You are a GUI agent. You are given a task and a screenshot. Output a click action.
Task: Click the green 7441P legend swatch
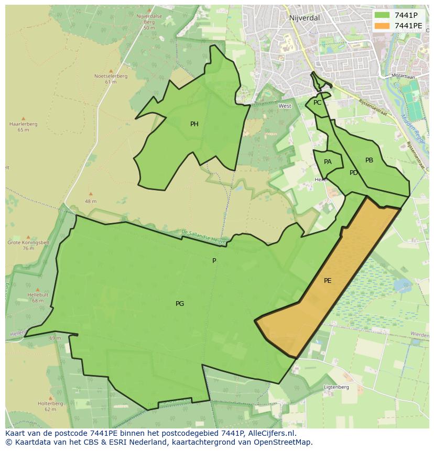(x=383, y=15)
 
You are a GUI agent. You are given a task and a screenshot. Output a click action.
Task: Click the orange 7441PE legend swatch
(x=383, y=26)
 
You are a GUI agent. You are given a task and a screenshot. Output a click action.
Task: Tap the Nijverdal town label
(x=304, y=18)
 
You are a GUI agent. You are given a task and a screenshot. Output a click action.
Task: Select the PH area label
(x=194, y=124)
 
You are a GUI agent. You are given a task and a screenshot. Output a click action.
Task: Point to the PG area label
(x=180, y=304)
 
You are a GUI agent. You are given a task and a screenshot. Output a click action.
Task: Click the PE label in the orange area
(x=328, y=281)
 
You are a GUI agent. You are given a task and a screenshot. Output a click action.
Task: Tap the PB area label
(x=369, y=160)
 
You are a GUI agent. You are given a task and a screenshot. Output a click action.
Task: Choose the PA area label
(x=328, y=162)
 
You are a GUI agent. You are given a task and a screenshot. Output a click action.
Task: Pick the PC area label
(x=317, y=103)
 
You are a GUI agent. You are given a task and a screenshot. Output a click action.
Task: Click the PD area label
(x=354, y=173)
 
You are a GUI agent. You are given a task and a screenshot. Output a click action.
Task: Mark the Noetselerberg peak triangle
(x=111, y=71)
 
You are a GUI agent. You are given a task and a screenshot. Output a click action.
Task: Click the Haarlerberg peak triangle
(x=23, y=119)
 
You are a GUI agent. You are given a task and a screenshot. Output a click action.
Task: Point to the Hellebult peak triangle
(x=37, y=289)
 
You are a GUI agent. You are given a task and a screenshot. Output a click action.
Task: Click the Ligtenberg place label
(x=336, y=387)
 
